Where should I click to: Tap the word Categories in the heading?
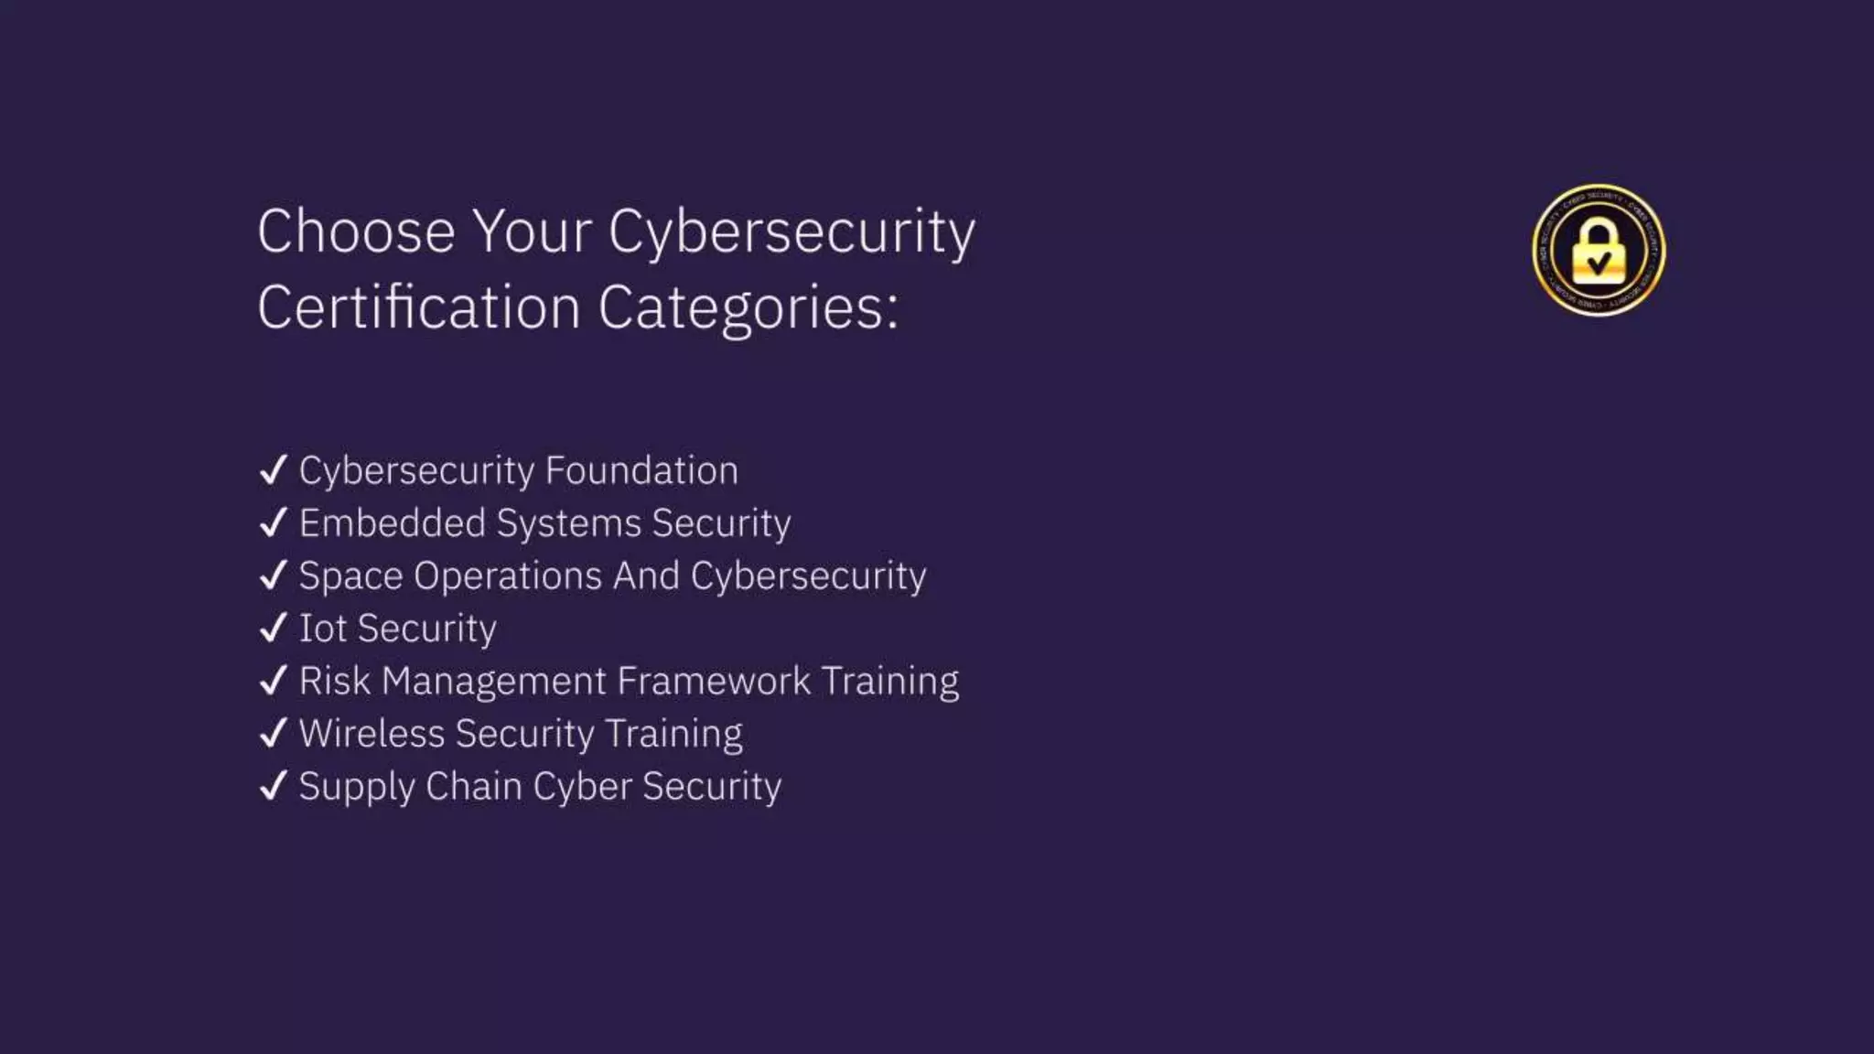[748, 307]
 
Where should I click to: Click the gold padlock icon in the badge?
[1599, 253]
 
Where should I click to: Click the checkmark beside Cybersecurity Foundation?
[274, 470]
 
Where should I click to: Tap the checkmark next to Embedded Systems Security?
[274, 523]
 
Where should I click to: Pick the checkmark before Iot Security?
[274, 629]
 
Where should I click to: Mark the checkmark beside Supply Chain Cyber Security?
[274, 787]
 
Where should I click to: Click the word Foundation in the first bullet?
[641, 470]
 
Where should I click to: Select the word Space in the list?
[350, 576]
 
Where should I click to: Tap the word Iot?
[322, 629]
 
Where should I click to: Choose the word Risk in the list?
[334, 682]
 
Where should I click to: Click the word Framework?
[714, 682]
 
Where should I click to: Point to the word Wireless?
[372, 734]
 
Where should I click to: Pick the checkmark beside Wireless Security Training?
[274, 734]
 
